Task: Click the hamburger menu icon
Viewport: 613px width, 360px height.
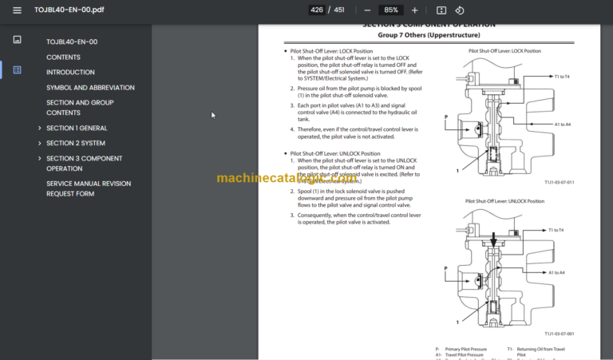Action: pyautogui.click(x=18, y=10)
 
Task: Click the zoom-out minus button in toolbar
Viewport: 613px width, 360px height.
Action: pyautogui.click(x=366, y=10)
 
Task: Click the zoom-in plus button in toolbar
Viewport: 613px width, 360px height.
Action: pyautogui.click(x=414, y=10)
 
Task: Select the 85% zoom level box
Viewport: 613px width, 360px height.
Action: pyautogui.click(x=390, y=10)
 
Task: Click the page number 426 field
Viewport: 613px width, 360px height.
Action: pyautogui.click(x=317, y=10)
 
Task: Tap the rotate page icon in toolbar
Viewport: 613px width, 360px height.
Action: pyautogui.click(x=460, y=10)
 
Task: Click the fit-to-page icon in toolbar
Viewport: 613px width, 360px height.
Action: pyautogui.click(x=441, y=10)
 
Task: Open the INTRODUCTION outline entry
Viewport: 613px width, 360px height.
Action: pyautogui.click(x=70, y=73)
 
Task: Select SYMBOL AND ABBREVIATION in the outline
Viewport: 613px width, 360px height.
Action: pyautogui.click(x=90, y=88)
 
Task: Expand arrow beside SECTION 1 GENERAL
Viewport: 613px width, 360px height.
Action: pyautogui.click(x=39, y=129)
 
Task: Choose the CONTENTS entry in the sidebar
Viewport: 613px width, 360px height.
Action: pyautogui.click(x=63, y=57)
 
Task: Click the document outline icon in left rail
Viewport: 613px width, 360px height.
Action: pyautogui.click(x=18, y=70)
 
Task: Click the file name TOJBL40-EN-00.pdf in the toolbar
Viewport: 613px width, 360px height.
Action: pyautogui.click(x=69, y=10)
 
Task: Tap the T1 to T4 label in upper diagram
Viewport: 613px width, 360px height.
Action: pyautogui.click(x=559, y=77)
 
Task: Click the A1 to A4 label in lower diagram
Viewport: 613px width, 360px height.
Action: pyautogui.click(x=556, y=273)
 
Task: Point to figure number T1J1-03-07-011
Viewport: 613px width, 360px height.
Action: pyautogui.click(x=560, y=182)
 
